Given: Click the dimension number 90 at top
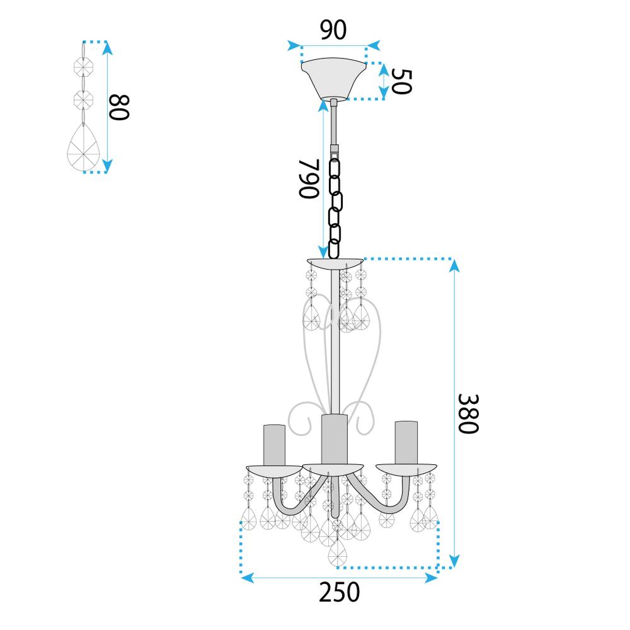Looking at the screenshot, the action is pos(333,30).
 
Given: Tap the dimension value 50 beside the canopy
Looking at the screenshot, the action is pos(401,81).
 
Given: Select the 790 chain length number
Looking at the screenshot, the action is pos(309,178).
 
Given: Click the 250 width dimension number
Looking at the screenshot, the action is pos(339,592).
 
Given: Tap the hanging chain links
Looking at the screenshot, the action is pos(335,202).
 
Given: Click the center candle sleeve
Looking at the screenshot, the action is pos(334,438).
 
